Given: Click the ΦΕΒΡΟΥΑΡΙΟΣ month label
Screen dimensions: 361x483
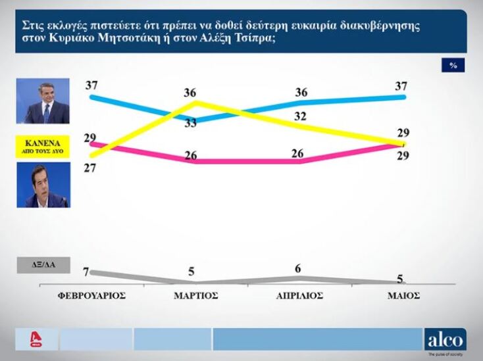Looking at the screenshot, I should tap(91, 296).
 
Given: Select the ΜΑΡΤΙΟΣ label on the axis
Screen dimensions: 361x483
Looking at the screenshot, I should tap(195, 296).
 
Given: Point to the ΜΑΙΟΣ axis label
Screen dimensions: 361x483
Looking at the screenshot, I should tap(403, 296).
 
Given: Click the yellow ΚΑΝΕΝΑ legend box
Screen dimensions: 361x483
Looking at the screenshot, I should tap(42, 145).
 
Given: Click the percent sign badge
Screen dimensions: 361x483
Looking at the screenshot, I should tap(453, 65).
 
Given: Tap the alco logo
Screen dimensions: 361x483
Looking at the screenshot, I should tap(445, 340).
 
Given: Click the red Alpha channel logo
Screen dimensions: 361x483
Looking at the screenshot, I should tap(36, 340).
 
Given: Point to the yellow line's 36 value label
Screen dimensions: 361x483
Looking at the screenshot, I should tap(190, 92).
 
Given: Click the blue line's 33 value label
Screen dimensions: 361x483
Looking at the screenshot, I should tap(190, 123).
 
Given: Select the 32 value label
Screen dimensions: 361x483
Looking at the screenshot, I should tap(301, 116).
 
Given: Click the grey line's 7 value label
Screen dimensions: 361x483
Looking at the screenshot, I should tap(86, 272).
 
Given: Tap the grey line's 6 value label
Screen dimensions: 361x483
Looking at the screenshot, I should tap(298, 268).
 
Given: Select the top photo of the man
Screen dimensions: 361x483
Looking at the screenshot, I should tap(42, 101).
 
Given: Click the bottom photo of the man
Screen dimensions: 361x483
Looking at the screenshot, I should tap(42, 185).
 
